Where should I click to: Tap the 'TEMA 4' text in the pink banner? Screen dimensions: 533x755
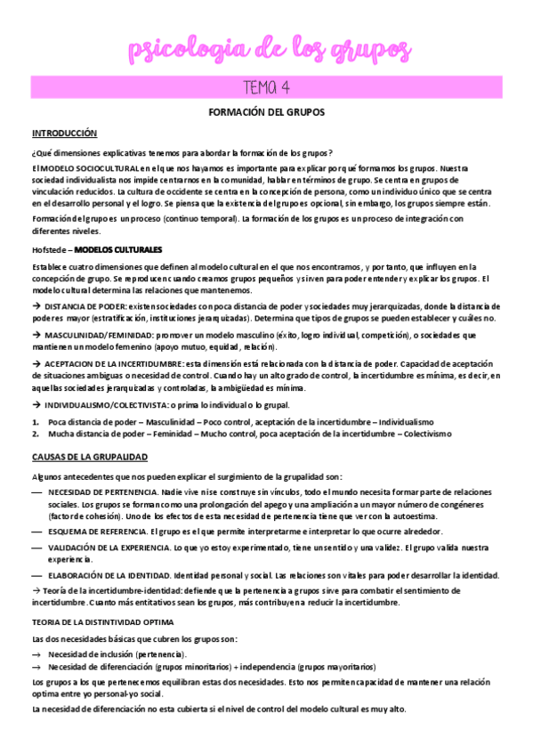point(266,87)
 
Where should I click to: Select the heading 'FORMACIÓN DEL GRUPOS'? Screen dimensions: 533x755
point(266,113)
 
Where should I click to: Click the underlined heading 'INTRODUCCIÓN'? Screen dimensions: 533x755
point(63,133)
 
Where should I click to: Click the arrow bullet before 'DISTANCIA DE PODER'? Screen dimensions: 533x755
point(36,307)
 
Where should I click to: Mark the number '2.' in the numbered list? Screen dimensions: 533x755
point(36,433)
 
